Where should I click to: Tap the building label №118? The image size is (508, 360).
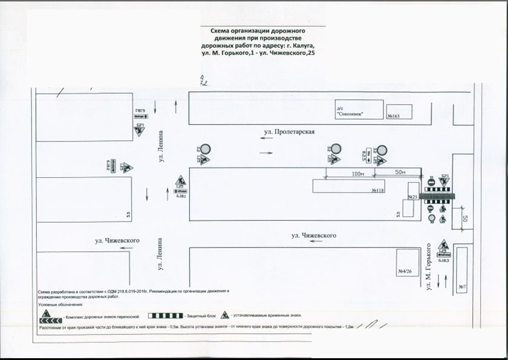(x=377, y=191)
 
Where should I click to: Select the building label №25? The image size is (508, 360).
(x=414, y=197)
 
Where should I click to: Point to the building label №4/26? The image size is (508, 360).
(x=405, y=270)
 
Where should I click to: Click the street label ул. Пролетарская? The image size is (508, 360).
(x=290, y=131)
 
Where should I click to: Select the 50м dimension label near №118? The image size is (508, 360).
(x=399, y=172)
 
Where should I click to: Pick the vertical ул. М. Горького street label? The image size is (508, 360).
(x=429, y=266)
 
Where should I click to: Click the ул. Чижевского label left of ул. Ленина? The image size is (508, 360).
(x=117, y=241)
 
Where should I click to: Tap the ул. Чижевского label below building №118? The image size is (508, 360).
(x=313, y=235)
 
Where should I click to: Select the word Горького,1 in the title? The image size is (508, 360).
(x=240, y=53)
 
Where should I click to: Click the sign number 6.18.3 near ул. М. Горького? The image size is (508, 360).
(x=443, y=260)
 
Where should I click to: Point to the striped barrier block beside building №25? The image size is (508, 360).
(x=438, y=196)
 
